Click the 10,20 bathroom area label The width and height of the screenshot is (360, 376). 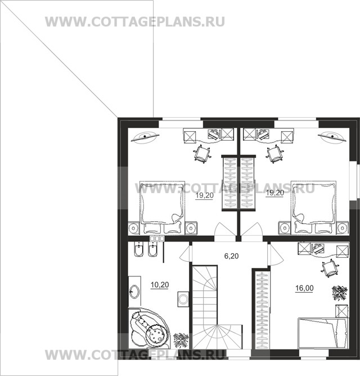[x=160, y=284]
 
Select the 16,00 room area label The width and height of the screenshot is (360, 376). [x=304, y=288]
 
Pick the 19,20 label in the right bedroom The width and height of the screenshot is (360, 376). [x=274, y=193]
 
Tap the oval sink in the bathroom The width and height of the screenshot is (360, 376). [x=135, y=292]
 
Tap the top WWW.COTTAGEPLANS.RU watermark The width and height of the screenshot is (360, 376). [x=135, y=21]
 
